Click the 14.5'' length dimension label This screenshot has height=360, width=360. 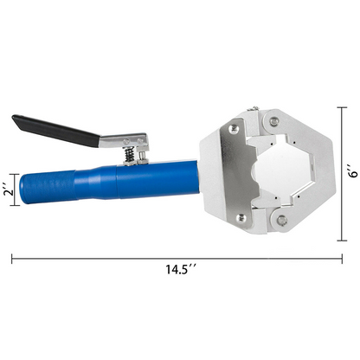181,269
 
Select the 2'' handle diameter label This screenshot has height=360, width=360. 10,190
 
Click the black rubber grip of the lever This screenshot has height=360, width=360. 55,131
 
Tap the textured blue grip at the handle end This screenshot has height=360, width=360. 46,188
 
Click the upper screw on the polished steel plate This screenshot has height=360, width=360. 234,129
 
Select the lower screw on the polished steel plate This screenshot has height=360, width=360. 241,218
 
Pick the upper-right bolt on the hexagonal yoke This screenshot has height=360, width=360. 273,120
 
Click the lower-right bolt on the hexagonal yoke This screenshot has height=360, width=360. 281,220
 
